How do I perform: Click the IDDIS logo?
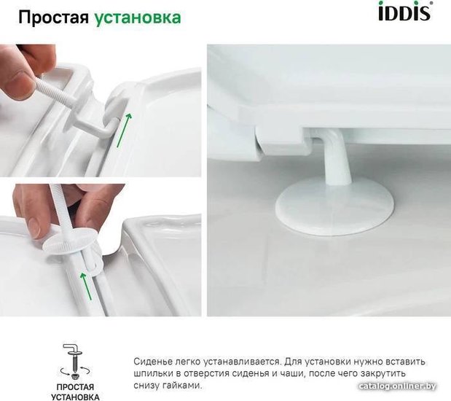[x=405, y=11]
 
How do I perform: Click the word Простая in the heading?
[x=54, y=17]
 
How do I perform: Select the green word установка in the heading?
[x=138, y=17]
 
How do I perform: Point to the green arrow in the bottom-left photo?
[x=86, y=286]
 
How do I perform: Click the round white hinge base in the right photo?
[x=334, y=207]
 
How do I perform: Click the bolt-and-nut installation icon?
[x=74, y=361]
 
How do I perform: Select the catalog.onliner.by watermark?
[x=397, y=386]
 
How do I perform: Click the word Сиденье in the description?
[x=151, y=362]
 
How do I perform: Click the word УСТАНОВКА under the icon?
[x=75, y=397]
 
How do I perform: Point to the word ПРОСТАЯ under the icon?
[x=75, y=387]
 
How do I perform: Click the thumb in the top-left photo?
[x=17, y=84]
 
